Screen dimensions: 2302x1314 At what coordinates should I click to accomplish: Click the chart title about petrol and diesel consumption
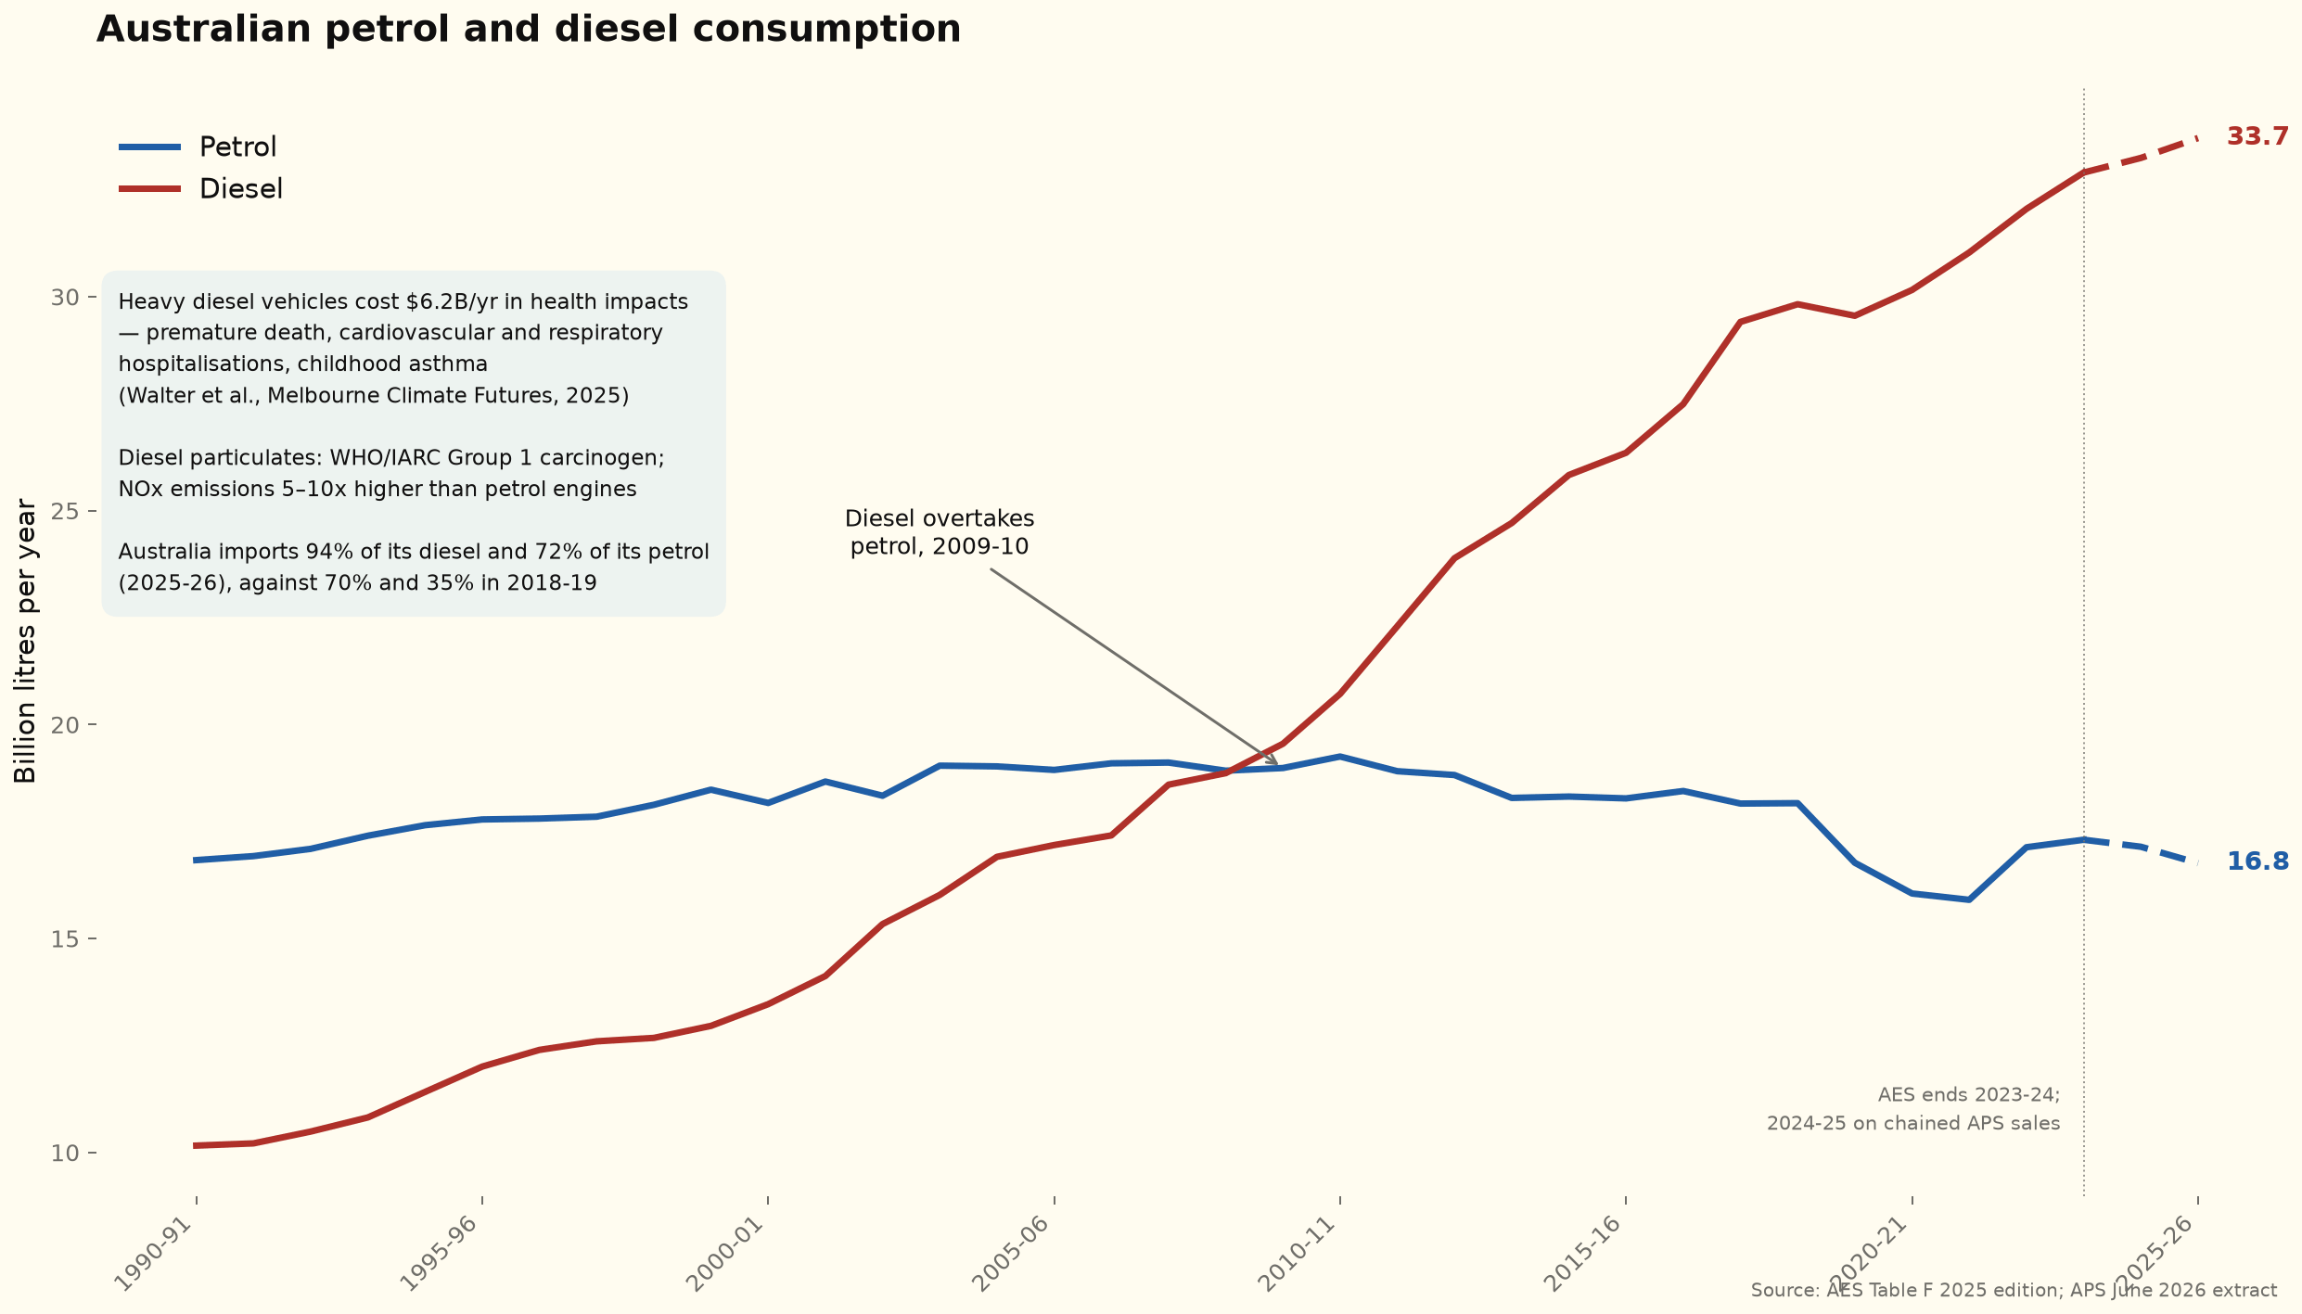529,30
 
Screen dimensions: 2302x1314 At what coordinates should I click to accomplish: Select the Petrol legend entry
198,147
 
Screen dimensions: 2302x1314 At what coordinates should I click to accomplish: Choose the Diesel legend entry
201,188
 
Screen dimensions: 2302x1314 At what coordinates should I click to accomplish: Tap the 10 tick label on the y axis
63,1154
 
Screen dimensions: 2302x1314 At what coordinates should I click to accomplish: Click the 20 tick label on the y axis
63,725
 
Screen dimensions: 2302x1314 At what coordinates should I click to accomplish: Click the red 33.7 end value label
2257,137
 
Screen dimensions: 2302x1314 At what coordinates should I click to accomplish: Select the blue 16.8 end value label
2257,861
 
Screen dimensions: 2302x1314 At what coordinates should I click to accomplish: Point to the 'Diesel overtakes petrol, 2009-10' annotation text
940,532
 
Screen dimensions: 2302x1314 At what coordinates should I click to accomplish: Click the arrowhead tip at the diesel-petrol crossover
1278,764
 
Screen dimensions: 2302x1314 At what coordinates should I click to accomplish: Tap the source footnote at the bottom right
2014,1290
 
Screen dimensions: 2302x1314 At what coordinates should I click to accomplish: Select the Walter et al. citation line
374,396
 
